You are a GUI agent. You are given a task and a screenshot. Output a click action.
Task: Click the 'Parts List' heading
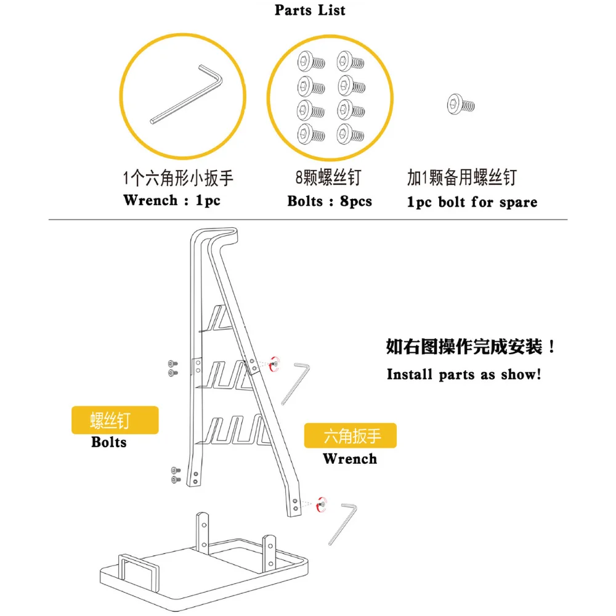310,10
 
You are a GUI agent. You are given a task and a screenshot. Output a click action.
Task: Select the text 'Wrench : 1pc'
172,200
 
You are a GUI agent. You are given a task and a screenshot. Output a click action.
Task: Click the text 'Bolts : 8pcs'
330,201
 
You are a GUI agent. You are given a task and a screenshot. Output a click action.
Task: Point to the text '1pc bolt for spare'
472,202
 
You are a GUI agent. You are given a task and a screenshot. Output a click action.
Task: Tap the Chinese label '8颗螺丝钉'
328,179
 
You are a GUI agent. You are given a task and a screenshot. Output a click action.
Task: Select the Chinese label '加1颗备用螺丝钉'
461,178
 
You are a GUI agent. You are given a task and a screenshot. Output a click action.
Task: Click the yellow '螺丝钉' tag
115,421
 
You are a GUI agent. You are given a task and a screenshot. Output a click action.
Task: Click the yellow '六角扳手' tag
351,436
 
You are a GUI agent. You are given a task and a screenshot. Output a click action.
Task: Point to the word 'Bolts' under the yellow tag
109,442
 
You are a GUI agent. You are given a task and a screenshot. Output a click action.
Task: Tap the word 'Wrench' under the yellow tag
349,459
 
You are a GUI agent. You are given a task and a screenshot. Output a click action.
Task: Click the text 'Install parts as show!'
464,375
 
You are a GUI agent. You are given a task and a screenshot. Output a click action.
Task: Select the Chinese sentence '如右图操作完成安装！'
471,347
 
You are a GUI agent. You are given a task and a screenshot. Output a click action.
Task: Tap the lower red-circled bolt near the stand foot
320,503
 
